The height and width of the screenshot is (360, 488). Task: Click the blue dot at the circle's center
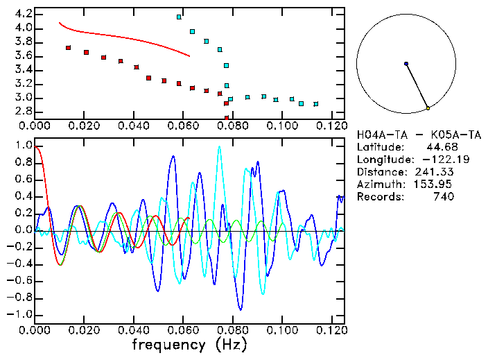point(406,64)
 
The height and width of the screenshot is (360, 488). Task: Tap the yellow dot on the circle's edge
point(428,108)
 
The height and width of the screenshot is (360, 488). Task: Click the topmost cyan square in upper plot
point(179,17)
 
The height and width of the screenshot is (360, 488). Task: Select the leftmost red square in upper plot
point(68,48)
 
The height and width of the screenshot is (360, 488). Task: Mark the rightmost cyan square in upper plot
point(316,104)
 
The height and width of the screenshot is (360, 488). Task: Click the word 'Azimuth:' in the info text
point(379,185)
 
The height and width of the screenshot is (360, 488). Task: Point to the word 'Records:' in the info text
point(379,197)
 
